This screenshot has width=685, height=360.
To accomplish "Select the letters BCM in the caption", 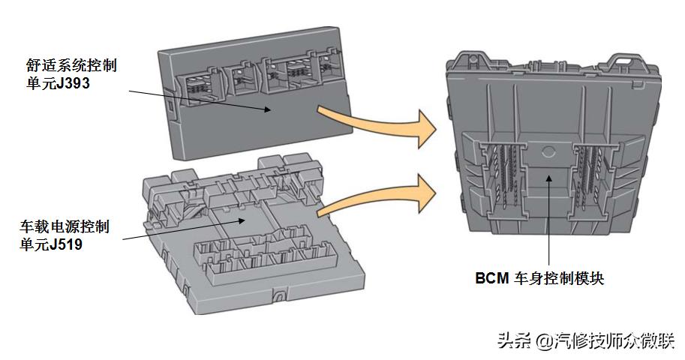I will (x=491, y=279).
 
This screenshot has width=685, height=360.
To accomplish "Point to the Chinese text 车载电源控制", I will (x=65, y=226).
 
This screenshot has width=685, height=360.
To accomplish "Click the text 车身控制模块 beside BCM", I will (x=558, y=279).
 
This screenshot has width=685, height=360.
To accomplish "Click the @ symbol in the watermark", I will (x=543, y=341).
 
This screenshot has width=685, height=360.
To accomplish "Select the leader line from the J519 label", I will (x=180, y=229).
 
